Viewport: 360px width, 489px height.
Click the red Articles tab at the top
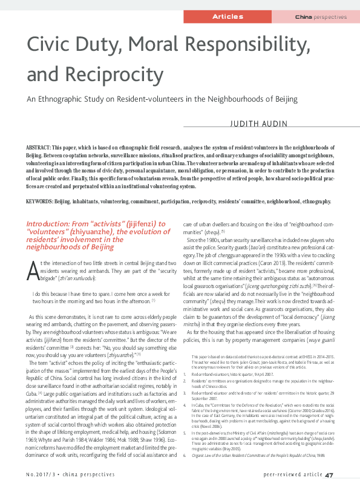click(228, 16)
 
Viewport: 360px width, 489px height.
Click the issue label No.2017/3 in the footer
click(41, 475)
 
